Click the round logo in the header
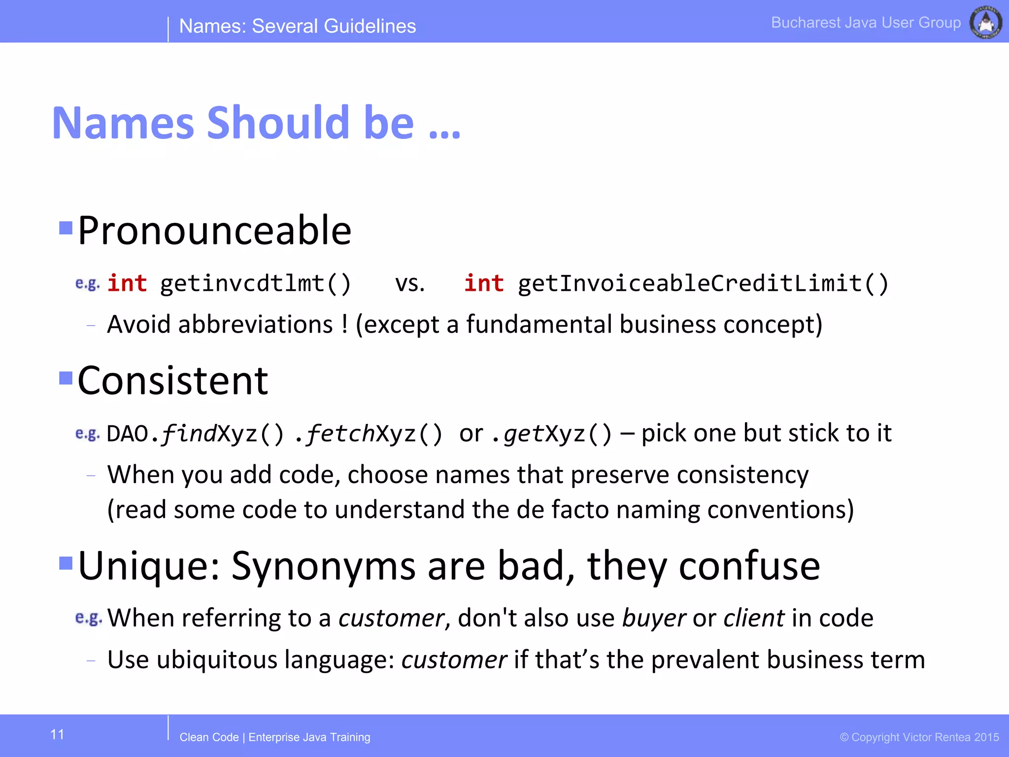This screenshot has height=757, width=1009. (x=985, y=22)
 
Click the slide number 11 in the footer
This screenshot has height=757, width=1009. (x=57, y=735)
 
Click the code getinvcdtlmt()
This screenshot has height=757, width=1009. (x=255, y=284)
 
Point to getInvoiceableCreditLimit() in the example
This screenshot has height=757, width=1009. (x=703, y=284)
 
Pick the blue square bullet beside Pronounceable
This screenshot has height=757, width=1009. (x=66, y=228)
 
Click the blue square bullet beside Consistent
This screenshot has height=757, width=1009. (x=66, y=378)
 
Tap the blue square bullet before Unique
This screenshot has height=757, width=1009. (x=66, y=562)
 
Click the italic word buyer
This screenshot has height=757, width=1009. (x=654, y=619)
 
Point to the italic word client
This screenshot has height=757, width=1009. (x=754, y=618)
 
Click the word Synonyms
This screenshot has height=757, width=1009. (x=324, y=567)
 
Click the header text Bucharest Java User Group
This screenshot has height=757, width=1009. (x=866, y=23)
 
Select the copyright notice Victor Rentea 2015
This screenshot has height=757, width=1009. (x=919, y=737)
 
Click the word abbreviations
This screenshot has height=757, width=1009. (x=255, y=325)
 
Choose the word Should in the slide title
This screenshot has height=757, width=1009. (x=278, y=123)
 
